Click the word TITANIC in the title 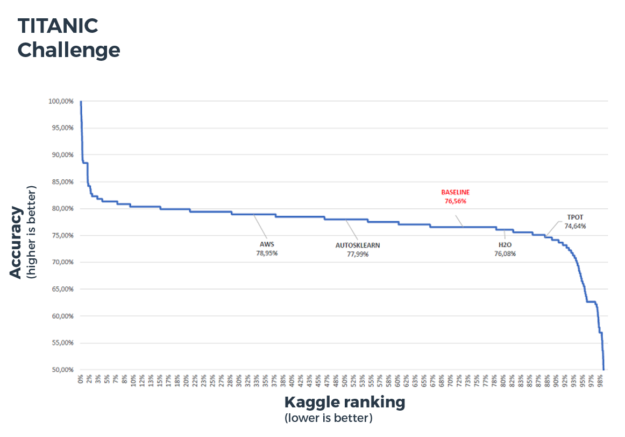[x=58, y=25]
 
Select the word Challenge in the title [x=69, y=50]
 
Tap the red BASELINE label [x=455, y=192]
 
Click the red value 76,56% [x=455, y=201]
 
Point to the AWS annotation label [x=266, y=244]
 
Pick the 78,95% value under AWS [x=266, y=252]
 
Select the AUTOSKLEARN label [x=358, y=245]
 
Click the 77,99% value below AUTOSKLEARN [x=358, y=254]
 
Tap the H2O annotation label [x=505, y=245]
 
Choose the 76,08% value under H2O [x=505, y=253]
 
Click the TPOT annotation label [x=575, y=217]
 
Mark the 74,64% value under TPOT [x=575, y=226]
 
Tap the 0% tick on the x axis [x=81, y=380]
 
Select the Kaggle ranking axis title [x=344, y=402]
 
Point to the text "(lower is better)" [x=328, y=418]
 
